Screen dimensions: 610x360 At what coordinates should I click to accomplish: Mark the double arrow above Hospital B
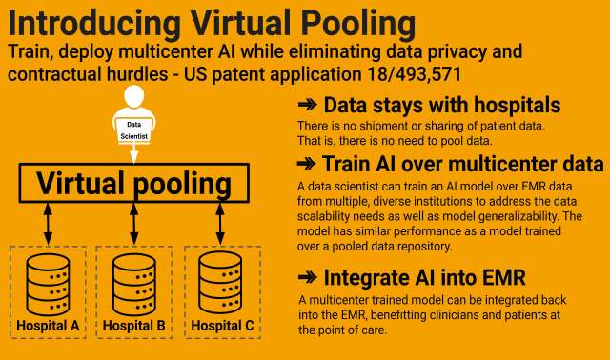(134, 224)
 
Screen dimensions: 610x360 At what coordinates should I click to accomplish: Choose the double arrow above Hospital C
(220, 224)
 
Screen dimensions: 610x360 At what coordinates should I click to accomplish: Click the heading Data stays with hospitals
(442, 105)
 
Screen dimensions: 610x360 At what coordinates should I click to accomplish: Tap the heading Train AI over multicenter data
(462, 163)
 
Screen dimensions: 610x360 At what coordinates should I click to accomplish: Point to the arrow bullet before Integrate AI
(308, 279)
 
